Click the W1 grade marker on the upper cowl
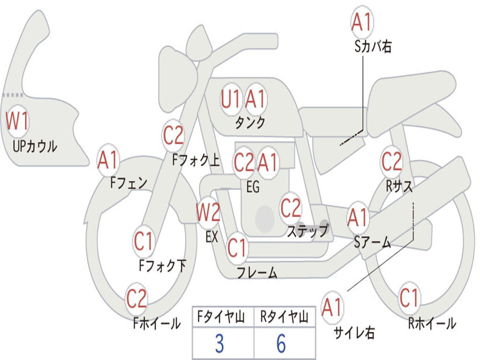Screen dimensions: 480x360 pos(17,121)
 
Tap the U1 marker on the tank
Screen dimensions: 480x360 pos(231,99)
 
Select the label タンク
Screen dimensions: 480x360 pos(250,123)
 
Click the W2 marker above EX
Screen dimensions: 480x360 pos(208,213)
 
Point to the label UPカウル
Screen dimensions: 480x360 pos(35,146)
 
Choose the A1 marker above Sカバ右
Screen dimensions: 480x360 pos(361,22)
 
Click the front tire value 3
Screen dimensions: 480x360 pos(219,344)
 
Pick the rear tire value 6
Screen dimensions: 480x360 pos(281,344)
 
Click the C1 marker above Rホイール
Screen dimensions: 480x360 pos(409,298)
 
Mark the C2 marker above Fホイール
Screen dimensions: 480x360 pos(137,299)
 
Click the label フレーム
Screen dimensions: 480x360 pos(257,272)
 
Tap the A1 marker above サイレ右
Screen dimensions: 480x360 pos(332,308)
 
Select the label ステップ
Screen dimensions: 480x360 pos(308,231)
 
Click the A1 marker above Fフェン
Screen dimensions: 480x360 pos(108,161)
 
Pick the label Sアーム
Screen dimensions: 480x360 pos(373,242)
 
